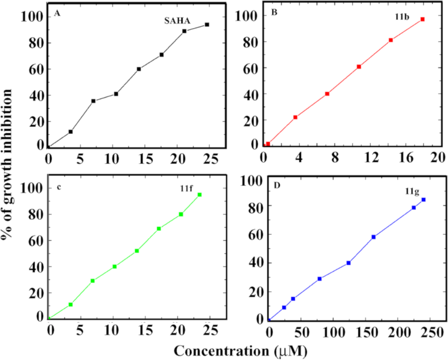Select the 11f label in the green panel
point(185,187)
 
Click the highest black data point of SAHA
point(207,24)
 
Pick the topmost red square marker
point(422,19)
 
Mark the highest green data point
point(200,194)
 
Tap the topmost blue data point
point(424,200)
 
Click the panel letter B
point(274,13)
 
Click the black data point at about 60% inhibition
point(139,69)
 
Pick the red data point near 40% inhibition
point(328,93)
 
